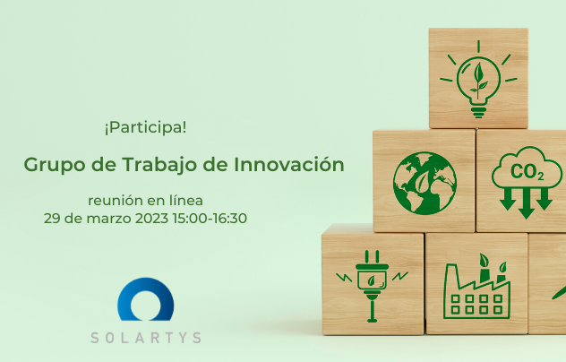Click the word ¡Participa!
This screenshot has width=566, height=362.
[x=145, y=127]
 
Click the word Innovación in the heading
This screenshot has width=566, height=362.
[x=288, y=164]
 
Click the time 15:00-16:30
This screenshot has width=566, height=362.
[x=210, y=219]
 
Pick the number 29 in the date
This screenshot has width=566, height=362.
[x=52, y=219]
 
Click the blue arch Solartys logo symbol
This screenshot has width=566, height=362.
[x=145, y=299]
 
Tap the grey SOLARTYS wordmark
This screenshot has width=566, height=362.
[x=146, y=338]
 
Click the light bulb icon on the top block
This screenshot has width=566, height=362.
[x=478, y=80]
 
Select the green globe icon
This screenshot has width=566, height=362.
[x=424, y=183]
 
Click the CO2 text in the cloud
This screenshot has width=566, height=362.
[x=527, y=172]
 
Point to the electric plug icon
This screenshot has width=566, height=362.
[x=373, y=286]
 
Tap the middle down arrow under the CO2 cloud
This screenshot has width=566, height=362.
[x=527, y=203]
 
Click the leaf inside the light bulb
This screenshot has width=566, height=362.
[x=478, y=81]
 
